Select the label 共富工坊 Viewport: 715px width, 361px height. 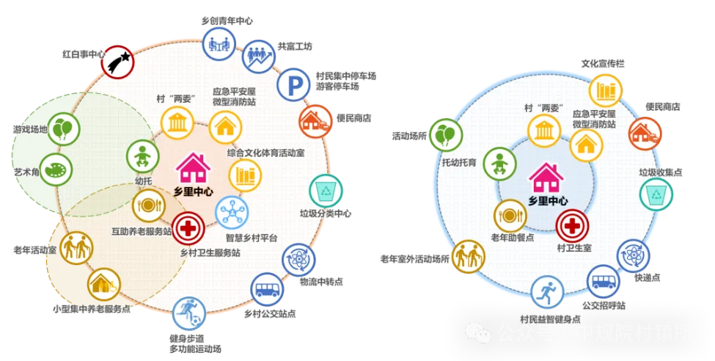(295, 46)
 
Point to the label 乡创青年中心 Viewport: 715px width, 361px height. (228, 20)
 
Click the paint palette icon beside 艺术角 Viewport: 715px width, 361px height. (56, 171)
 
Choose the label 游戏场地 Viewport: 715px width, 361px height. (30, 129)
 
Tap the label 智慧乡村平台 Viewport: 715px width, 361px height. (251, 238)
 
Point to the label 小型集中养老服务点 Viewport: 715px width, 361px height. (92, 309)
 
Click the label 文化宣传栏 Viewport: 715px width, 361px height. (604, 64)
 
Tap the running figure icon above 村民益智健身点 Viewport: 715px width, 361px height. (546, 293)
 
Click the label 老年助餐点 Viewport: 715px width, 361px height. (508, 238)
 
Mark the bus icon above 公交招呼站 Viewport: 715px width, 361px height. (603, 281)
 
